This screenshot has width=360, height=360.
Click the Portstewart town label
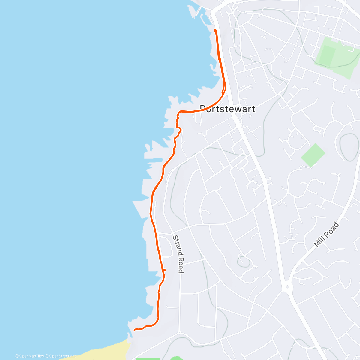point(228,109)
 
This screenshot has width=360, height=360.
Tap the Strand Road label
point(178,254)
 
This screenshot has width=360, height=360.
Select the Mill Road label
point(326,235)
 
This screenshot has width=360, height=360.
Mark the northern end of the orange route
point(215,30)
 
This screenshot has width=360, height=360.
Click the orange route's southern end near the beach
point(135,330)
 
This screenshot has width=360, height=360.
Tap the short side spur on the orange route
point(164,270)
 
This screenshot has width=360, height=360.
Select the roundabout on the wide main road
point(287,287)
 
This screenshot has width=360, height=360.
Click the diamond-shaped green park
point(313,155)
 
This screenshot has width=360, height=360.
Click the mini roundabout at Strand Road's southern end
point(179,332)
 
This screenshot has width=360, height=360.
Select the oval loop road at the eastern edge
point(349,147)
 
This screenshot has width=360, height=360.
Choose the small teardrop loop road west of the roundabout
point(244,261)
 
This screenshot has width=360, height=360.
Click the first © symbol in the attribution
point(16,356)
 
